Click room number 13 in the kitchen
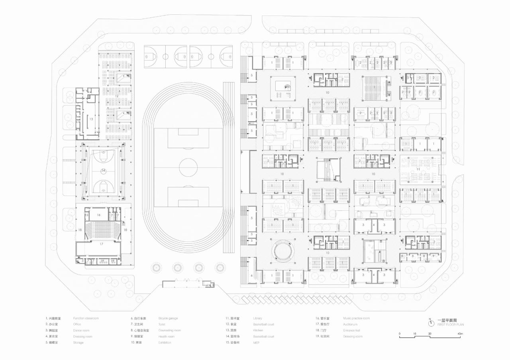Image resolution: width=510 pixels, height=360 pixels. point(91,119)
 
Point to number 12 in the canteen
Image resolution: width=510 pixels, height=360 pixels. point(117,96)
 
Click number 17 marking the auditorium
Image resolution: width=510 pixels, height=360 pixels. point(101,244)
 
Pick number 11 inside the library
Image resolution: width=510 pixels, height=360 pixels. point(418,169)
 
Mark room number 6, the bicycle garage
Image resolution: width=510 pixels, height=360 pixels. point(251,275)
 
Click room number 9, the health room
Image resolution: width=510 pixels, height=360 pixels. point(433,256)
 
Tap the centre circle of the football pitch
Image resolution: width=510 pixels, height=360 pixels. point(188,167)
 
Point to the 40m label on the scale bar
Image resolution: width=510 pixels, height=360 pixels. point(460,333)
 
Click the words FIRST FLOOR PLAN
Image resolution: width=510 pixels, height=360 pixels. point(451,325)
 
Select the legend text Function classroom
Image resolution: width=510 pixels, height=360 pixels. point(86,318)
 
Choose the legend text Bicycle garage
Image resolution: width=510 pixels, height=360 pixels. point(168,318)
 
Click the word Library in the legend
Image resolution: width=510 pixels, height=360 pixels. point(257,318)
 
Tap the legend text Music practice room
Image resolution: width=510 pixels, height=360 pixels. point(356,318)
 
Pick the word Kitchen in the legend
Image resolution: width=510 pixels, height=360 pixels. point(258,331)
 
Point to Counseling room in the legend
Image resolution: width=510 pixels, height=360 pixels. point(169,331)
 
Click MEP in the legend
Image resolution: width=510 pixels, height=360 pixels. point(256,342)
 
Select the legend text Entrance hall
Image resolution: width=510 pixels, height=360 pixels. point(351,331)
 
